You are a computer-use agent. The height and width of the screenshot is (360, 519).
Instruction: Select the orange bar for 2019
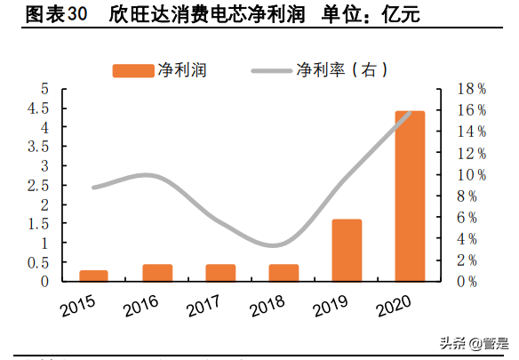(347, 250)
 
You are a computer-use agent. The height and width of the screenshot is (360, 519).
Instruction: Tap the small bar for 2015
(93, 276)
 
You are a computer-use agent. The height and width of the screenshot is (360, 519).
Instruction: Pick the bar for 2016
(156, 272)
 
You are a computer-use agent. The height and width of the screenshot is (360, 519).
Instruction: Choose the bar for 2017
(220, 272)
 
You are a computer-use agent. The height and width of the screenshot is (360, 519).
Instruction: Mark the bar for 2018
(283, 272)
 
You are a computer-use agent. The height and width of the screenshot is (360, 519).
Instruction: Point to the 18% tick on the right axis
(470, 89)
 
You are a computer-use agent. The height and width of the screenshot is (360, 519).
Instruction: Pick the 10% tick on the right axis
(470, 174)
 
